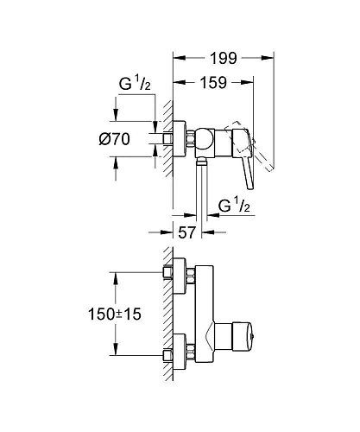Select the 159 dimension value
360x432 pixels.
213,86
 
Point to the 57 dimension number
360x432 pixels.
185,232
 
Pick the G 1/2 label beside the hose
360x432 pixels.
237,206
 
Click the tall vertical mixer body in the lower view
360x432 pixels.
206,315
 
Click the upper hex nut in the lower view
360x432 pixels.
168,274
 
